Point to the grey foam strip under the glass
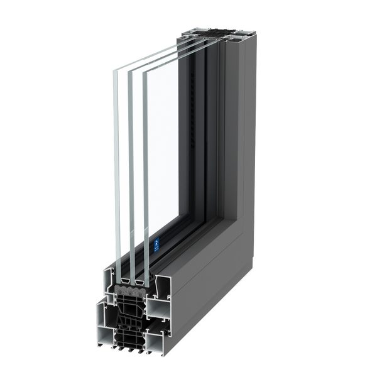pyautogui.click(x=132, y=290)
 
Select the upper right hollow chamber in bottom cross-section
pyautogui.click(x=160, y=307)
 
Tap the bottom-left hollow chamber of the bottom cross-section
pyautogui.click(x=105, y=336)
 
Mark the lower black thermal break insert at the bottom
pyautogui.click(x=132, y=339)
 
